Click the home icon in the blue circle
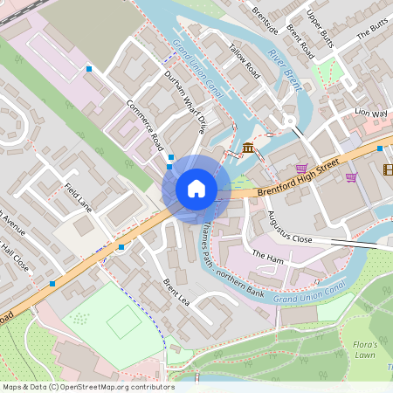click(196, 189)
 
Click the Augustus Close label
click(290, 226)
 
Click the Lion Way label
click(370, 113)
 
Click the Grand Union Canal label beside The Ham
click(310, 295)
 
